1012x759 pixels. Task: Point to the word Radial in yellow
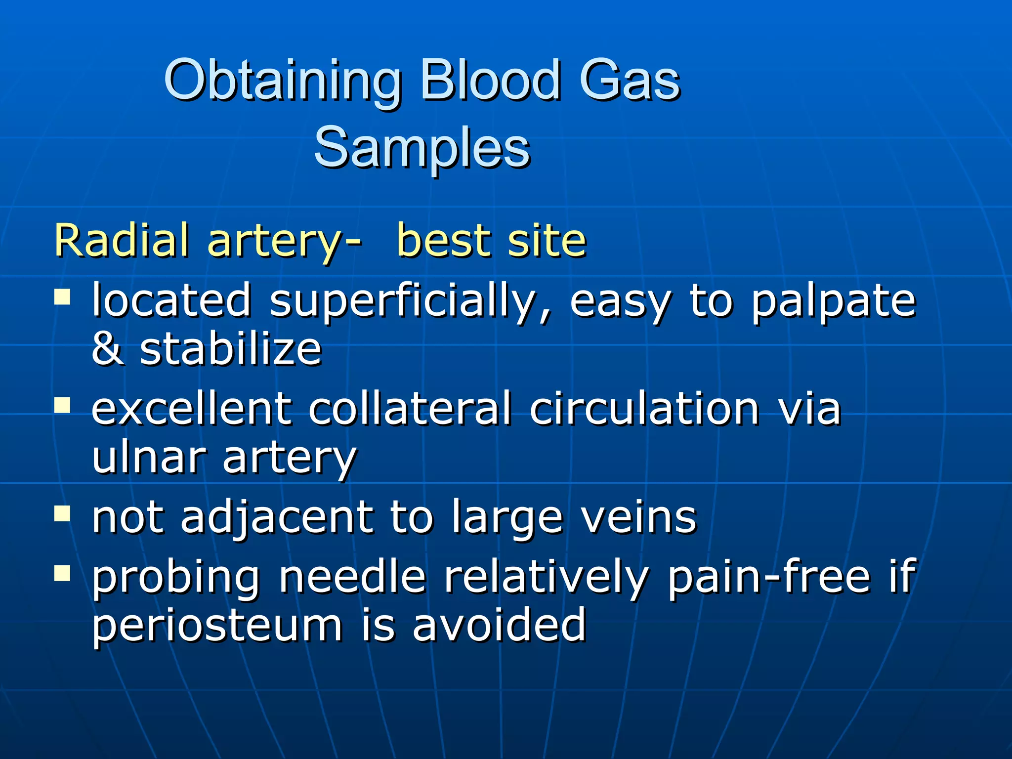(x=122, y=241)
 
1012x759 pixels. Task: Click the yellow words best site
(x=491, y=241)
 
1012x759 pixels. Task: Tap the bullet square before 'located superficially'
(x=63, y=297)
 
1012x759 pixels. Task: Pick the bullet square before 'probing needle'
(x=63, y=573)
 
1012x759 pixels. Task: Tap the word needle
(x=352, y=577)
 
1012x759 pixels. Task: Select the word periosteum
(x=217, y=626)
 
